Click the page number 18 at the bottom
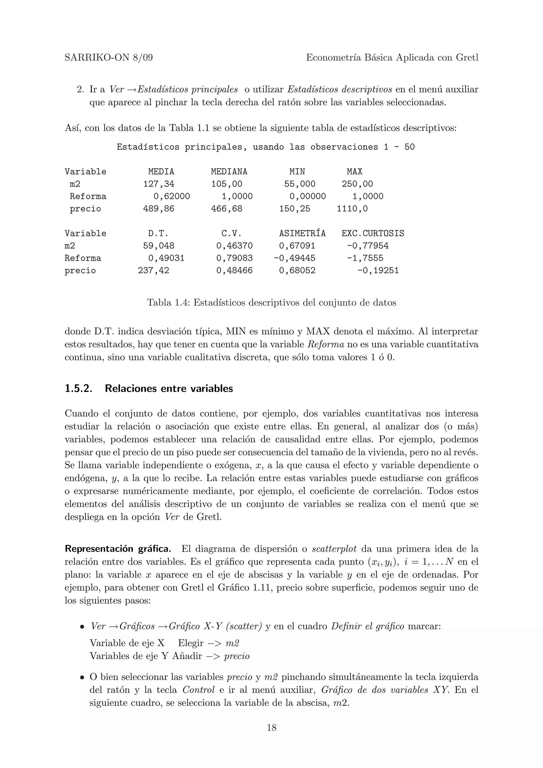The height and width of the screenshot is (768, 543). coord(271,727)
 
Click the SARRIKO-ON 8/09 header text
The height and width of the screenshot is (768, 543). coord(108,58)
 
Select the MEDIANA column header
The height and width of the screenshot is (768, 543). coord(229,172)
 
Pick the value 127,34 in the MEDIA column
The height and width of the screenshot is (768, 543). coord(159,184)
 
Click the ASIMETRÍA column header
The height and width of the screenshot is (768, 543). coord(302,233)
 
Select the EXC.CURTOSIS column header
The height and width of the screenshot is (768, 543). coord(373,233)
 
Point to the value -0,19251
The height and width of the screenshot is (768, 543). coord(378,271)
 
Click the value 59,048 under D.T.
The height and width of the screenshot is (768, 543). coord(159,246)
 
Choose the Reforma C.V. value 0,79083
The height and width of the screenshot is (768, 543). coord(234,258)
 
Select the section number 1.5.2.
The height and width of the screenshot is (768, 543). coord(78,389)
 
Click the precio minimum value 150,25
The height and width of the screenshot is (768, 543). coord(294,209)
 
